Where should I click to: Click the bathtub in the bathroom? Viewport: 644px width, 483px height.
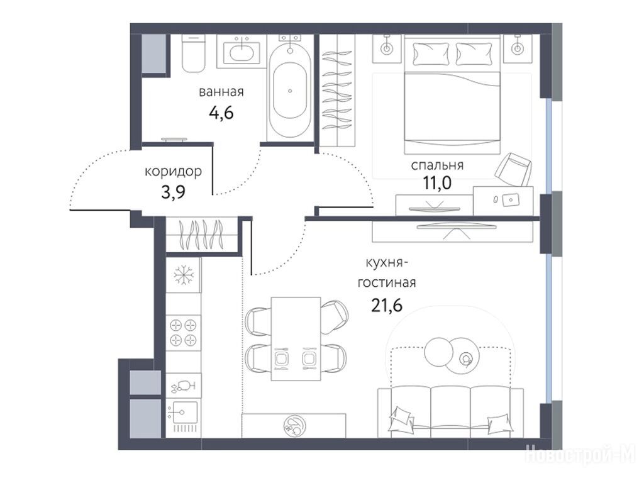click(x=290, y=91)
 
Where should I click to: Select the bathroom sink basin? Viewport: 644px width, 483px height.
click(x=241, y=53)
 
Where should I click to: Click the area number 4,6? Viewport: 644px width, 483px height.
click(x=221, y=112)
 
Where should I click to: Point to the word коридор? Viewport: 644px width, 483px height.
click(x=173, y=171)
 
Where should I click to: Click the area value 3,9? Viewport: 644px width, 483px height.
click(x=173, y=191)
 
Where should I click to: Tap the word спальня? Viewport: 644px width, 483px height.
click(x=437, y=165)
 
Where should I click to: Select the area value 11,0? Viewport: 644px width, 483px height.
click(x=437, y=183)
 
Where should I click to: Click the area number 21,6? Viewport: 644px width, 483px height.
click(x=387, y=305)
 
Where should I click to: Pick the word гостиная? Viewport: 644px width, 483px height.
click(x=387, y=283)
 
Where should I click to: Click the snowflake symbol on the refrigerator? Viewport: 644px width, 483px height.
click(x=183, y=275)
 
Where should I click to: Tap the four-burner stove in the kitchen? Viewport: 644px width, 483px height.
click(x=183, y=333)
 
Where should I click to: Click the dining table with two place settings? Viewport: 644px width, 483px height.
click(x=296, y=339)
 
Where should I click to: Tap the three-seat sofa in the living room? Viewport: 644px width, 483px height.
click(x=450, y=413)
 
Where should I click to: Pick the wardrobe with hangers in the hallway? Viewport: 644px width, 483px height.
click(x=203, y=235)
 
